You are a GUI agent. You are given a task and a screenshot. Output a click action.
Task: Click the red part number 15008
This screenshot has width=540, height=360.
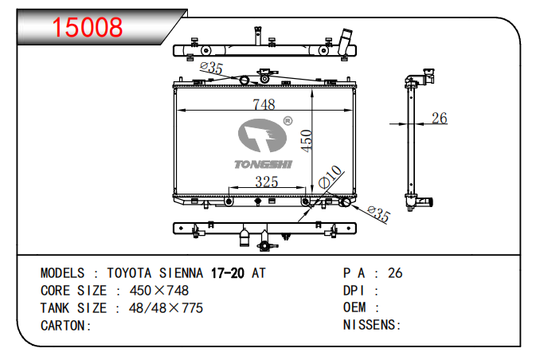(x=87, y=27)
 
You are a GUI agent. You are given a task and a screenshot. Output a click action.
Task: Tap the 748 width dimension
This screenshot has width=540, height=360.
(x=264, y=104)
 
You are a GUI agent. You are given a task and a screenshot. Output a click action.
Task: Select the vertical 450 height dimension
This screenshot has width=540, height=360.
(x=306, y=140)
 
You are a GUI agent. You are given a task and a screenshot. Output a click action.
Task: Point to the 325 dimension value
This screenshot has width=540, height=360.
(x=267, y=182)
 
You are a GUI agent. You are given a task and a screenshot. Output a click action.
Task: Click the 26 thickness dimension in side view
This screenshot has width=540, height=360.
(x=440, y=118)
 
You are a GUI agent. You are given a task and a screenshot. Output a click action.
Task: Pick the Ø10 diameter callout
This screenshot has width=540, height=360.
(x=330, y=177)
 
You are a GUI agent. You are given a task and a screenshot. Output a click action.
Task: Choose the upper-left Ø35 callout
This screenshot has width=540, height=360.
(x=211, y=68)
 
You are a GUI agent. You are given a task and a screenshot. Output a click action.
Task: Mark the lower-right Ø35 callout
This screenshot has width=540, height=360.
(x=378, y=214)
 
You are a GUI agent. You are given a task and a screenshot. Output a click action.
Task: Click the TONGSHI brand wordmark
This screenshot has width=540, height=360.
(x=263, y=164)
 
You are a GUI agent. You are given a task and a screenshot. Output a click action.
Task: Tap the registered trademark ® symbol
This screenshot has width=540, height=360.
(x=288, y=120)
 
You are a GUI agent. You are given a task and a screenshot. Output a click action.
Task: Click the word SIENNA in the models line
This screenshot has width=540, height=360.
(x=181, y=273)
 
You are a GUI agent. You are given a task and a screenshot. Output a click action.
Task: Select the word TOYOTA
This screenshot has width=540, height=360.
(x=129, y=273)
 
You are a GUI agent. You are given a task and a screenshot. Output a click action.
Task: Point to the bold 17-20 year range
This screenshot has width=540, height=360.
(x=228, y=273)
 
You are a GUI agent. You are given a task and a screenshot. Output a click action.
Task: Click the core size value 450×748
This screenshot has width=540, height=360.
(x=159, y=291)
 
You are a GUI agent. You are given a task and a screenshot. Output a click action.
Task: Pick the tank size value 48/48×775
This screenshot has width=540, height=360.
(x=166, y=308)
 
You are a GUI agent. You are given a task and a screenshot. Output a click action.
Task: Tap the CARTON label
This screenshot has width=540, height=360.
(x=66, y=326)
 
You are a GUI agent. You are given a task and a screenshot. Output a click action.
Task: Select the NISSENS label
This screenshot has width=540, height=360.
(x=372, y=325)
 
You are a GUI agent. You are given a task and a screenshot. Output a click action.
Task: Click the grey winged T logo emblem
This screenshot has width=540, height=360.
(x=262, y=135)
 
